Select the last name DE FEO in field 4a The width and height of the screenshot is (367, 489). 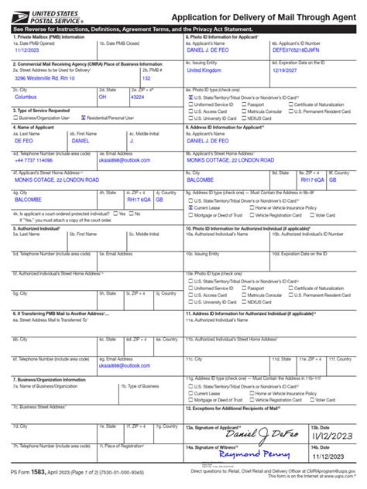click(26, 142)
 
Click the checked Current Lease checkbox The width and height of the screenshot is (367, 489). click(190, 208)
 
